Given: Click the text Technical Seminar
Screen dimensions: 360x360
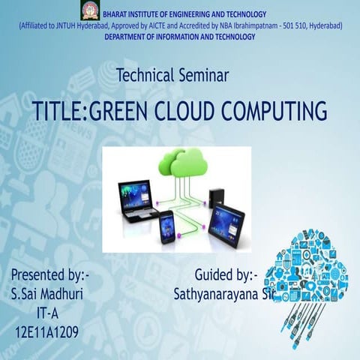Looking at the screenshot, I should (173, 74).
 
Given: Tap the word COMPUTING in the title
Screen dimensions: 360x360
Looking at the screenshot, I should (277, 111).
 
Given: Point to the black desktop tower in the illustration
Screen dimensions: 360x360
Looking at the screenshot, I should (217, 197).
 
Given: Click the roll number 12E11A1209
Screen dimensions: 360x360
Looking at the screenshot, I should (46, 331).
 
